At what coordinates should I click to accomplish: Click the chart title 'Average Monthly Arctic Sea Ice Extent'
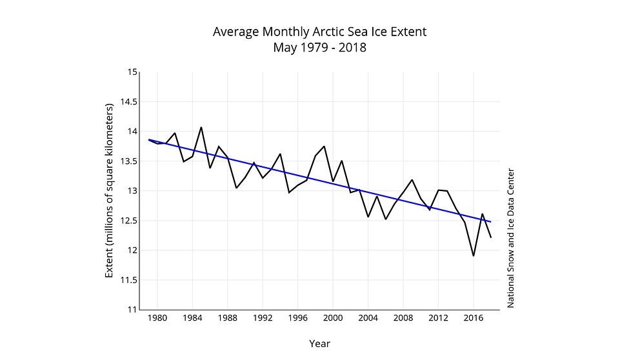point(319,32)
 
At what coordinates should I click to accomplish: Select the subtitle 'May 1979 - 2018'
point(319,47)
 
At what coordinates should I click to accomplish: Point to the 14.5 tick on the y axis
point(129,101)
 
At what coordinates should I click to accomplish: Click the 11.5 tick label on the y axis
point(129,279)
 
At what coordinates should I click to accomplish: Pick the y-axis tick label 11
point(133,309)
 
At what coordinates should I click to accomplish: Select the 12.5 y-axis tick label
point(129,220)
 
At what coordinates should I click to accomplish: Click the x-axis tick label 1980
point(158,317)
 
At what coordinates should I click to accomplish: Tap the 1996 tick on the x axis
point(297,317)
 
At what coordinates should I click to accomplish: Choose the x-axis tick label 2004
point(368,317)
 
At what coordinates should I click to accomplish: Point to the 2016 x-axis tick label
point(474,317)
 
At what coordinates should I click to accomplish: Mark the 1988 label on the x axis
point(228,317)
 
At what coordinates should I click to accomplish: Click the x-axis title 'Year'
point(319,343)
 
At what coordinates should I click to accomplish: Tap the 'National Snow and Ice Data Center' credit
point(510,238)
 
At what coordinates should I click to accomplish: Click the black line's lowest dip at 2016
point(474,255)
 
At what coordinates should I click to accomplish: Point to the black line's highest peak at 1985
point(201,127)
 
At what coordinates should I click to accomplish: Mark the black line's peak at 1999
point(324,146)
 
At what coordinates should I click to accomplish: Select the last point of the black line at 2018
point(491,237)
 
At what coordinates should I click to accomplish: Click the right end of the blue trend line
point(491,222)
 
